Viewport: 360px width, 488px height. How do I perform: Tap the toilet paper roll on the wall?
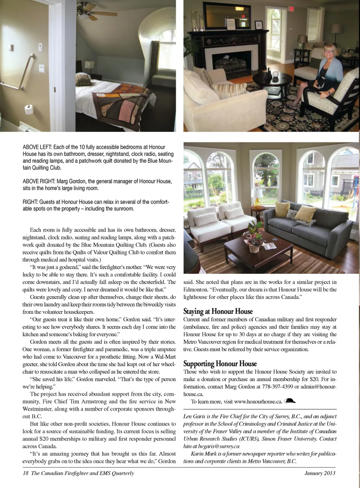tap(30, 109)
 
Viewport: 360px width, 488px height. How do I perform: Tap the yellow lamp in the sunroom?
tap(258, 197)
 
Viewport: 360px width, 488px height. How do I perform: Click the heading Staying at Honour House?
tap(218, 311)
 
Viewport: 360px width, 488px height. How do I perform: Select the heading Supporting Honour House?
tap(220, 364)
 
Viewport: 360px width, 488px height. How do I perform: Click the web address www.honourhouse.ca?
tap(258, 402)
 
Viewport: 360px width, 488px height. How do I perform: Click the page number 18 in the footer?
tap(25, 473)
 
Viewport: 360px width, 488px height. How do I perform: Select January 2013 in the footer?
tap(319, 473)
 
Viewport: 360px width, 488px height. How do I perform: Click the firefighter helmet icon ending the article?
tap(290, 401)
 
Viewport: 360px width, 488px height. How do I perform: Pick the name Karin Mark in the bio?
tap(203, 454)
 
